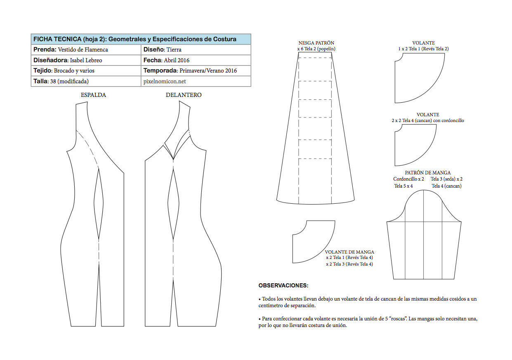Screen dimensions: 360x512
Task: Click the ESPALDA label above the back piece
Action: click(93, 95)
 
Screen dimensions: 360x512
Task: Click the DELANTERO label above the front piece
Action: click(184, 95)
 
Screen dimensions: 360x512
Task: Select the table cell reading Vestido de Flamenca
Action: click(83, 49)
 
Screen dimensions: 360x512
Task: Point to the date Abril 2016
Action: click(178, 60)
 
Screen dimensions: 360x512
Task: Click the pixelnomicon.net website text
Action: click(165, 81)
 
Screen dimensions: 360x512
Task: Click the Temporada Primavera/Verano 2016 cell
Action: click(190, 71)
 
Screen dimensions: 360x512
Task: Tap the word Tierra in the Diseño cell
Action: click(174, 49)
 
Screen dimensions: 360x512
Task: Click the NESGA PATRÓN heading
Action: click(316, 43)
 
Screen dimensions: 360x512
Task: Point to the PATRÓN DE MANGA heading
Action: click(428, 173)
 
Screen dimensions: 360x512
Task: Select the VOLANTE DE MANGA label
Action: click(349, 252)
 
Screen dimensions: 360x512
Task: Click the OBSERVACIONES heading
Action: click(283, 285)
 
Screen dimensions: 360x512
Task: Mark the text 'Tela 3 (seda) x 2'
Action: click(446, 179)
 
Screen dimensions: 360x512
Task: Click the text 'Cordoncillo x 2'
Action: click(408, 179)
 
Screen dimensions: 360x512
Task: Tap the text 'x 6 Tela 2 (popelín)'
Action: click(316, 49)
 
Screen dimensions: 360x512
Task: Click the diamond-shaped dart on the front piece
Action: click(174, 202)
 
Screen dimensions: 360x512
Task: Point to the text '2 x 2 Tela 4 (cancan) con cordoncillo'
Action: click(428, 120)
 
